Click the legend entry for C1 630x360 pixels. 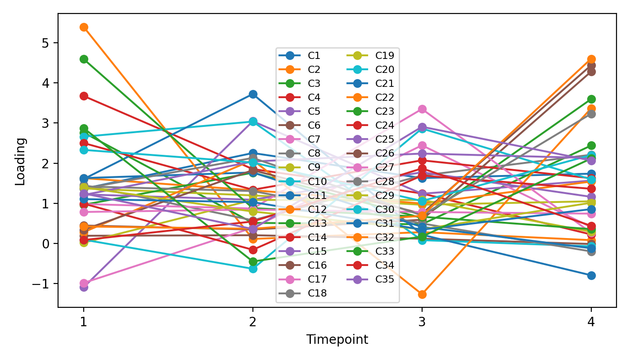(x=314, y=56)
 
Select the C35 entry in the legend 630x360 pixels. (x=384, y=279)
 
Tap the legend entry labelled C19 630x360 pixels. (x=384, y=56)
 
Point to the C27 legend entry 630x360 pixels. (x=384, y=167)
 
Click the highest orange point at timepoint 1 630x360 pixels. (x=84, y=27)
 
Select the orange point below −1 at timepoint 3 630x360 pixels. (x=422, y=294)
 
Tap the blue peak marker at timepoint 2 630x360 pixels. (x=253, y=94)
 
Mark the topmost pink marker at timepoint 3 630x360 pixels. (x=422, y=109)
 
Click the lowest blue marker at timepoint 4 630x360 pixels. (x=591, y=275)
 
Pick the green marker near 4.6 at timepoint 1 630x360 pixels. (x=84, y=59)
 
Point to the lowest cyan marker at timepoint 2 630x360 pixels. (x=253, y=269)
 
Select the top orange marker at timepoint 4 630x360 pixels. (x=591, y=59)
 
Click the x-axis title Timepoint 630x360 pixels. (x=337, y=340)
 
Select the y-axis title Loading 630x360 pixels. (x=20, y=161)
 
